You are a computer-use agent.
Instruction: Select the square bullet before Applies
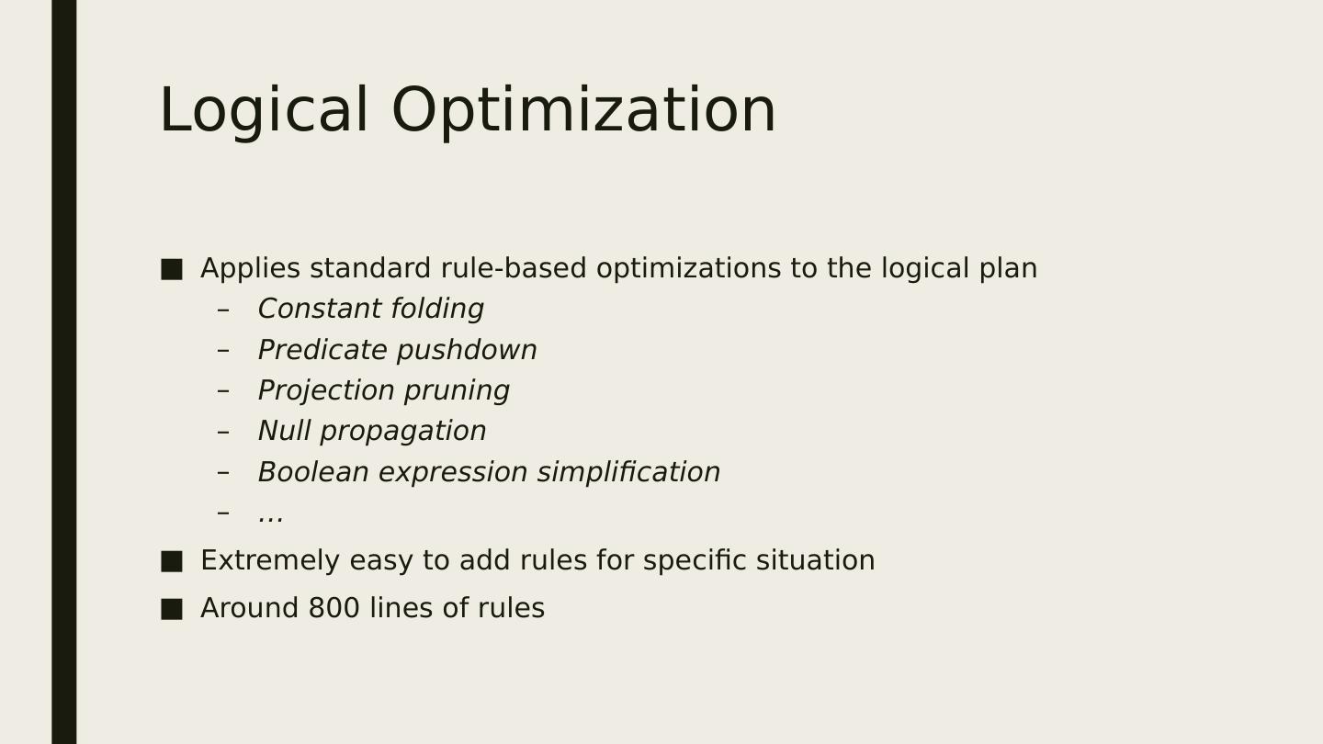171,269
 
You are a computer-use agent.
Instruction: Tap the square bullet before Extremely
171,561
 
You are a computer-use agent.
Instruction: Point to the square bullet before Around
171,609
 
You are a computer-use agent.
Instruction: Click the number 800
334,608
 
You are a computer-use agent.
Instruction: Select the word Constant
320,309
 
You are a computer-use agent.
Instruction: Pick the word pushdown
467,351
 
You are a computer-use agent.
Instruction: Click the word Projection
327,391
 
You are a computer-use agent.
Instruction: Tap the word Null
284,431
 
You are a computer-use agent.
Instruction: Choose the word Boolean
313,472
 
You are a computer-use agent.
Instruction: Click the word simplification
628,473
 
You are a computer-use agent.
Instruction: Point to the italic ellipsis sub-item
271,516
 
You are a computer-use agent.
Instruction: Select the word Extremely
270,561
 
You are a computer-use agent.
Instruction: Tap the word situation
816,560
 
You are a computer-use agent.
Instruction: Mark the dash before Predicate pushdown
223,350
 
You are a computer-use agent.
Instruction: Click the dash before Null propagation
223,432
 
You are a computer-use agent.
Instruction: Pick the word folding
437,310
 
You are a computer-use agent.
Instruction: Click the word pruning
458,391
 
